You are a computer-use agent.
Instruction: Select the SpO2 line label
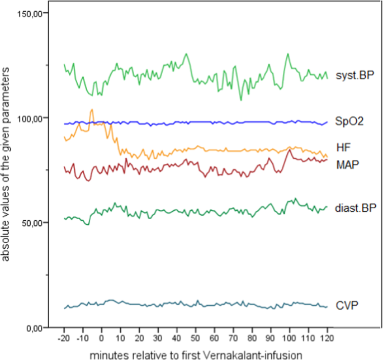coord(349,121)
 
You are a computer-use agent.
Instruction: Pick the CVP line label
coord(347,305)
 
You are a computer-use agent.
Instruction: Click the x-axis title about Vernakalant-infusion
coord(195,354)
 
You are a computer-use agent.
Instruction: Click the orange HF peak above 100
coord(92,110)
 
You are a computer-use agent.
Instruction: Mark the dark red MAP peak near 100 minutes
coord(289,150)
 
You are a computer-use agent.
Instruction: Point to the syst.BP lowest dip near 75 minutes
coord(241,100)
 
